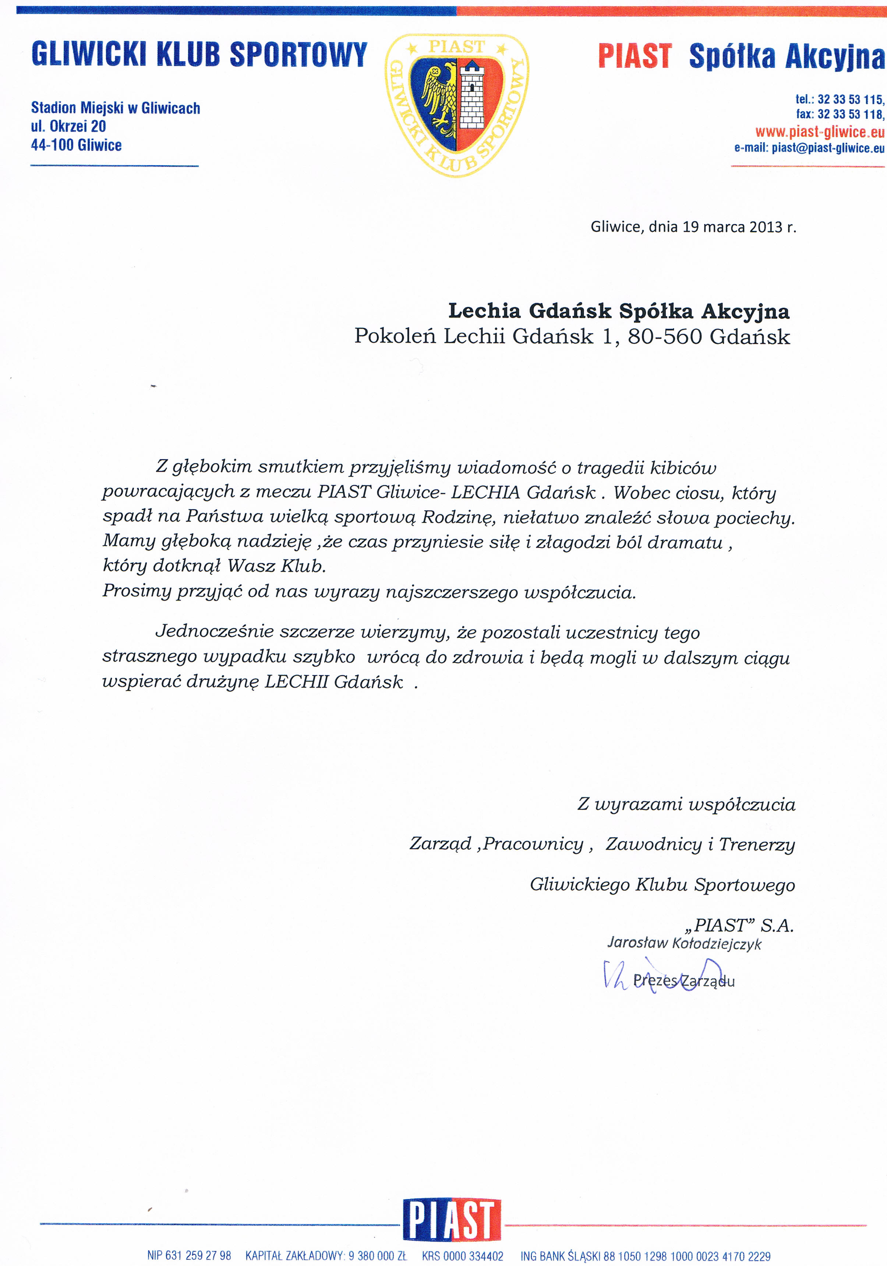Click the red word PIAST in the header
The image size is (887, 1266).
click(x=635, y=56)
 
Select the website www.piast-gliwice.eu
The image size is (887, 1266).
click(x=820, y=132)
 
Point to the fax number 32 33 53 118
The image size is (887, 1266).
click(x=850, y=114)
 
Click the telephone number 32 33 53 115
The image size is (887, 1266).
click(x=850, y=100)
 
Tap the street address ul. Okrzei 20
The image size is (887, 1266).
click(x=68, y=126)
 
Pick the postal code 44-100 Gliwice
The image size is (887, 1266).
click(x=76, y=145)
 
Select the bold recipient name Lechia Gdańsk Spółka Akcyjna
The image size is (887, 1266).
click(x=619, y=311)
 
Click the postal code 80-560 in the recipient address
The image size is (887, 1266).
click(x=665, y=336)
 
